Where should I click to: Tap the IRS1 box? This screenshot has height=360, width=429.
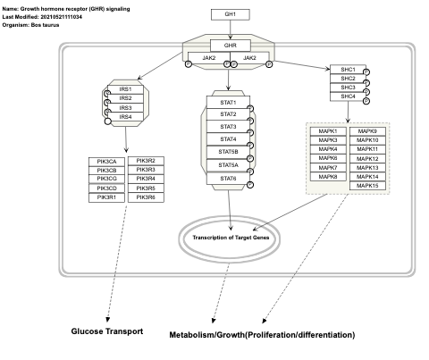(x=124, y=89)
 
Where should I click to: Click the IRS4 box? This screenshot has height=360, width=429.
(x=124, y=117)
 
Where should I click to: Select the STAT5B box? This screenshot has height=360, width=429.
(x=227, y=152)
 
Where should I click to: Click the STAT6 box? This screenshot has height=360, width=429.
(x=227, y=178)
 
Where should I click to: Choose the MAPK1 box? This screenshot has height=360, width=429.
(x=327, y=131)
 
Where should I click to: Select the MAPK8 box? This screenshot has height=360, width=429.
(x=327, y=177)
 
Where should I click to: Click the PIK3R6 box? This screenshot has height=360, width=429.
(x=146, y=197)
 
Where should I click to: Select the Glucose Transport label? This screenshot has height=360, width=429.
(x=106, y=331)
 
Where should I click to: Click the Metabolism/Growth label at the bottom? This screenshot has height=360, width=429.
(x=262, y=335)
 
